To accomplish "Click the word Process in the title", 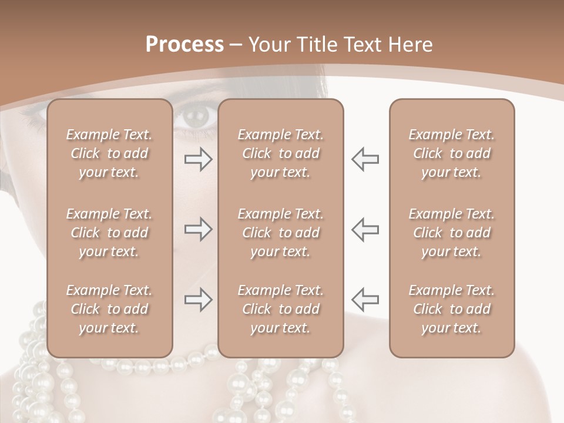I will pos(184,45).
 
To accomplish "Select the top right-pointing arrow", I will pos(198,159).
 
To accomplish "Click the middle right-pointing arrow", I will pos(198,229).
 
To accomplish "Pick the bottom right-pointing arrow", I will pos(198,300).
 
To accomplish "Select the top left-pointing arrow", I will pos(365,159).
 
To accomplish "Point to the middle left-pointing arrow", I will pos(365,229).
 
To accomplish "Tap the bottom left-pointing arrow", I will pos(365,300).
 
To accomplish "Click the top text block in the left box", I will pos(109,153).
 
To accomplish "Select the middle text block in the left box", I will pos(109,233).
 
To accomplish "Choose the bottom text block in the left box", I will pos(109,309).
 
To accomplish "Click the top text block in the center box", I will pos(281,153).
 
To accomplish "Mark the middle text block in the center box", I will pos(281,233).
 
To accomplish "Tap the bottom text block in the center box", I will pos(281,309).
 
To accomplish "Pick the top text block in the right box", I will pos(452,153).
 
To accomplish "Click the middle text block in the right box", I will pos(452,233).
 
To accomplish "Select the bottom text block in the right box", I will pos(452,309).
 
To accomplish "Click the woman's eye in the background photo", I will pos(194,117).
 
